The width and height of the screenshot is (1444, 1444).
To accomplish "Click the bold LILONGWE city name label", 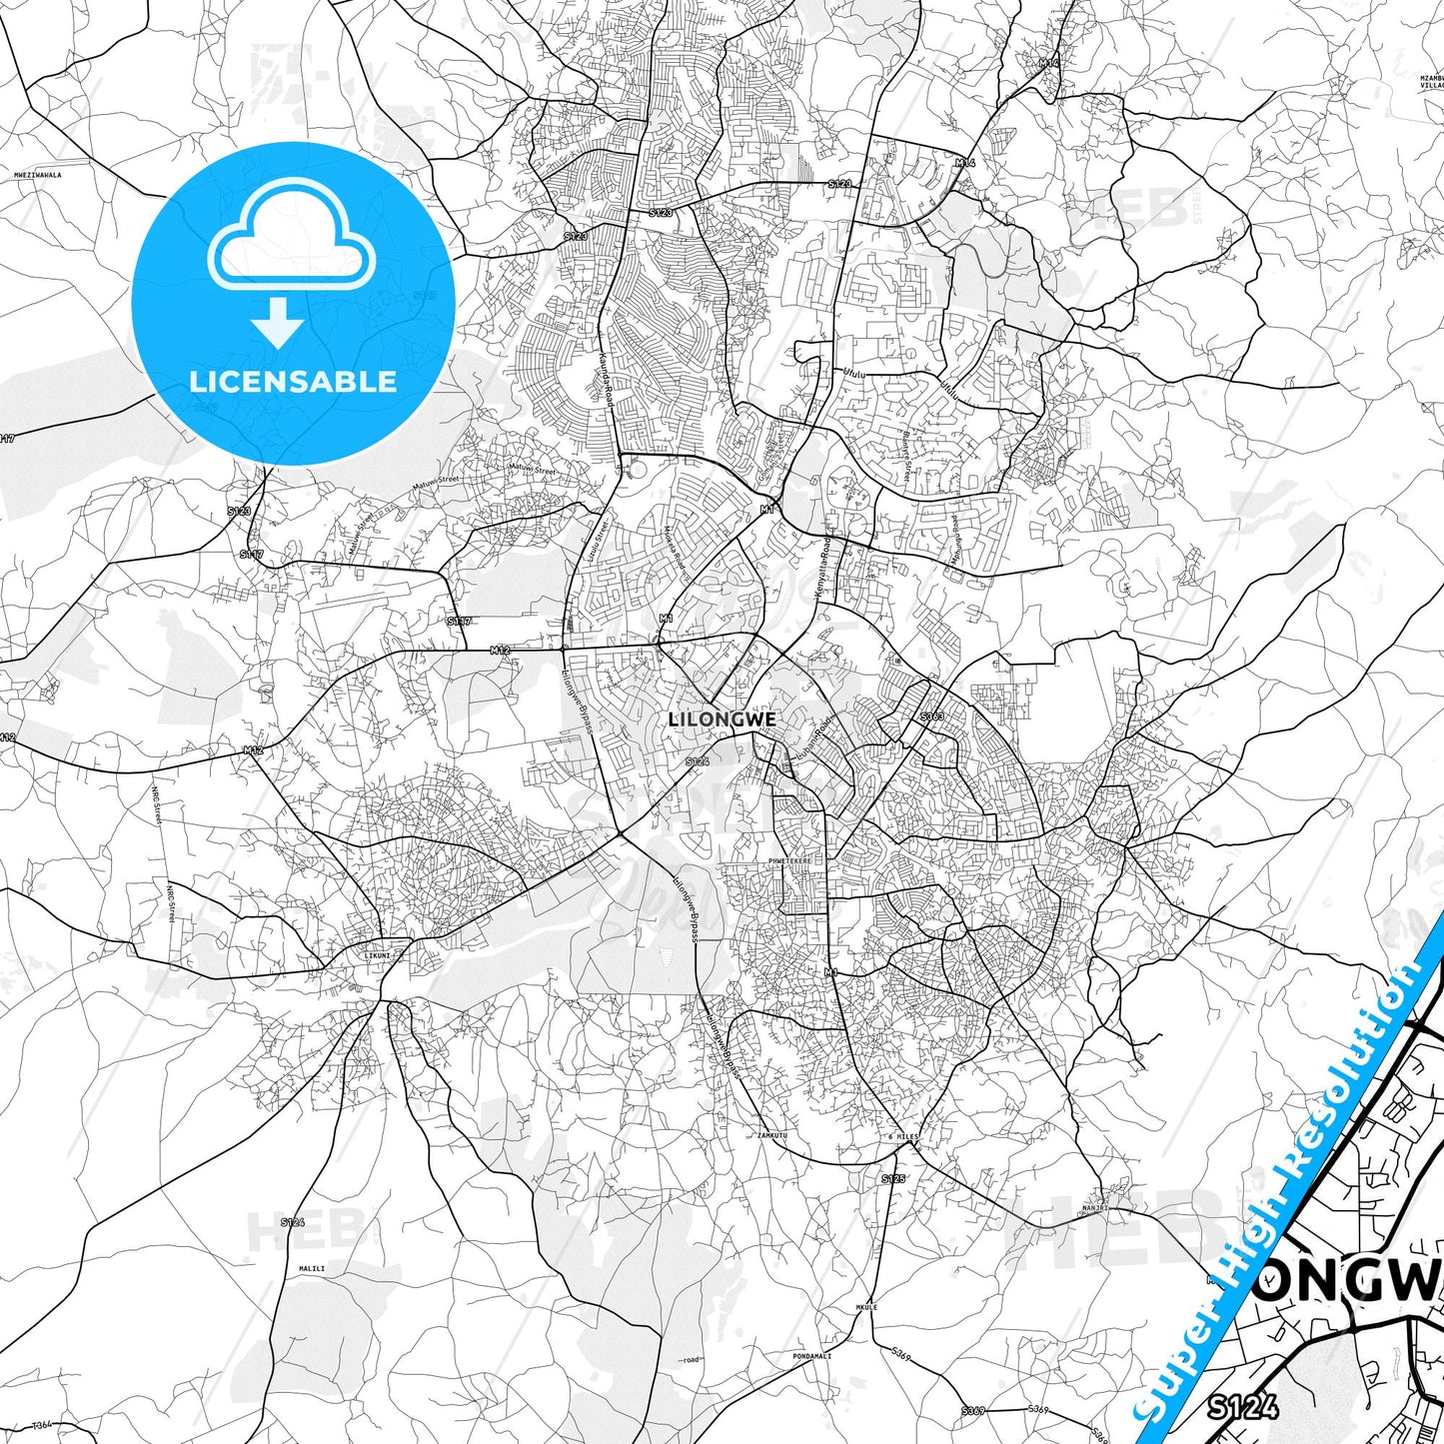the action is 722,720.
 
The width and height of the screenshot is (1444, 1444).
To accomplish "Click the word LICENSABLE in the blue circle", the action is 293,382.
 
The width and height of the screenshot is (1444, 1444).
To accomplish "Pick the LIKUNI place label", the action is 378,955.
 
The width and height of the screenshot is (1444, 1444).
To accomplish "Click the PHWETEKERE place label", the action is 789,860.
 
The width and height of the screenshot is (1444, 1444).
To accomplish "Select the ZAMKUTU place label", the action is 772,1136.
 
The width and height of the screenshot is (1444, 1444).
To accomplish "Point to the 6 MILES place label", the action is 902,1137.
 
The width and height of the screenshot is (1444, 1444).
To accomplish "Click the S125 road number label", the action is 892,1180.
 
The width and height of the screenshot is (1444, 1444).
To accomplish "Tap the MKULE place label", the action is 866,1307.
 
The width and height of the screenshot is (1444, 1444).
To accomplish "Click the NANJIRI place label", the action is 1095,1208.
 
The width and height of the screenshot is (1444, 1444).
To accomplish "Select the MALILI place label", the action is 312,1269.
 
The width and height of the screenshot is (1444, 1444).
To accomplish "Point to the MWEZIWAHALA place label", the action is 38,175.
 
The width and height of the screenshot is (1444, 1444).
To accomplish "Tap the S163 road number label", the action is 931,717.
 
